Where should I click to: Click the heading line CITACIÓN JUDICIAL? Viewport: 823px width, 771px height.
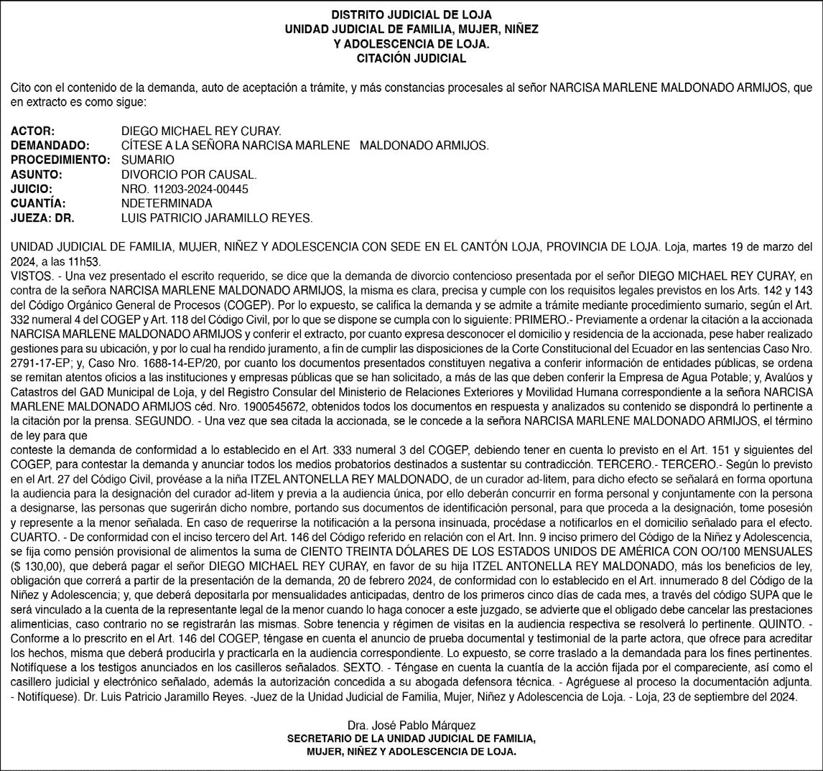[411, 58]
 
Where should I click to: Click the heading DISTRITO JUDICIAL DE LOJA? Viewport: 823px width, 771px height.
[411, 15]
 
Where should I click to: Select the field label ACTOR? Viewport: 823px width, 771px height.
[33, 131]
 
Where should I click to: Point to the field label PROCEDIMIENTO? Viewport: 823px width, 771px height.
[60, 160]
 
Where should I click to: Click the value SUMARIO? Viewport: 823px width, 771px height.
[147, 160]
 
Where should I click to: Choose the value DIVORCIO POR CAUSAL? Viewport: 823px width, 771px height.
[189, 174]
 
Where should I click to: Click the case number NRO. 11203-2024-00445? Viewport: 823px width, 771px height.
[185, 189]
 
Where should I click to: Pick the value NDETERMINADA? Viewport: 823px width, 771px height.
[167, 203]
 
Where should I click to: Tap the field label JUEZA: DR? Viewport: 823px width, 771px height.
[42, 218]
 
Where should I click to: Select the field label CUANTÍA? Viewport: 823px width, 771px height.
[38, 203]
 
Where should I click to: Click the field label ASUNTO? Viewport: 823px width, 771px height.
[37, 174]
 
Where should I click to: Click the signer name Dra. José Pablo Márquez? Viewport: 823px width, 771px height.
[411, 726]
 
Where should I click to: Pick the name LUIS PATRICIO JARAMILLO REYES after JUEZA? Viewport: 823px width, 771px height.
[217, 218]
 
